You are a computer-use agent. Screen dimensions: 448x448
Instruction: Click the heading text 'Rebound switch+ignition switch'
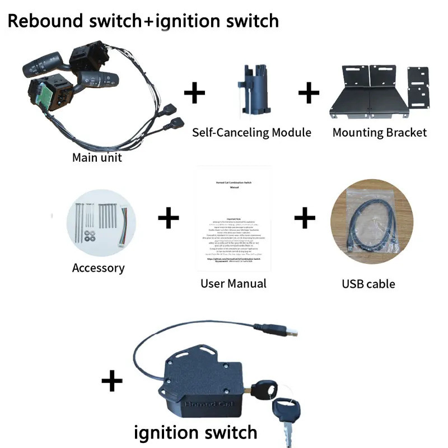click(x=143, y=21)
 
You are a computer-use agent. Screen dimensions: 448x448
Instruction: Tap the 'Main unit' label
click(x=97, y=157)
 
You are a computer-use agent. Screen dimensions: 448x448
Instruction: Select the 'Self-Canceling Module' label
click(x=251, y=133)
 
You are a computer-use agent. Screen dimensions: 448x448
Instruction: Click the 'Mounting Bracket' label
click(x=380, y=133)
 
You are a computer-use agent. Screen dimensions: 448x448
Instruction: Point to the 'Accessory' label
click(x=98, y=268)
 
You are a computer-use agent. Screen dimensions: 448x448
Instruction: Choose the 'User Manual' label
click(x=234, y=283)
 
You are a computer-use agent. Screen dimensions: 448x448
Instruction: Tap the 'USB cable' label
click(x=368, y=284)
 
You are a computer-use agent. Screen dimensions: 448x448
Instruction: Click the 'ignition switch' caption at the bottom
click(x=195, y=432)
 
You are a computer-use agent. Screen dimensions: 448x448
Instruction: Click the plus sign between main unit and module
click(x=194, y=93)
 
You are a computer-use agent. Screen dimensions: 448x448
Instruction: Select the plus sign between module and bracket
click(x=309, y=93)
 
